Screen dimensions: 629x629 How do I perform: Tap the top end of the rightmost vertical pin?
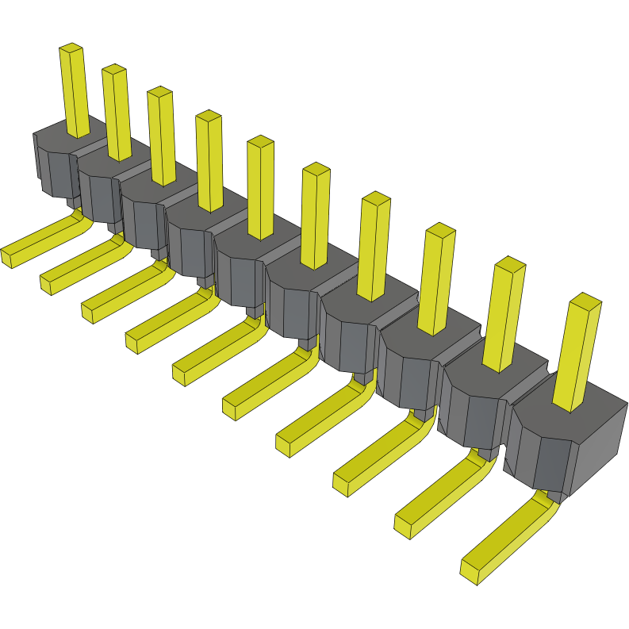point(585,301)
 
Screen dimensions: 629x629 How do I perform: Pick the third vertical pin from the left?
point(162,139)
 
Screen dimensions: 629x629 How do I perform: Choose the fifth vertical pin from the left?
point(261,190)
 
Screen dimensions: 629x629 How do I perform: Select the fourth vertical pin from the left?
point(210,163)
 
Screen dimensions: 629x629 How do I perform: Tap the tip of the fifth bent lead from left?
point(182,373)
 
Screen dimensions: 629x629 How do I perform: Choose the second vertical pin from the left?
point(117,115)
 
